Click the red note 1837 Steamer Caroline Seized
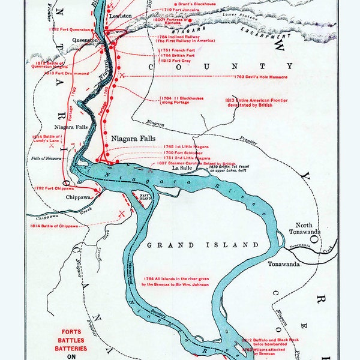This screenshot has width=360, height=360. pyautogui.click(x=197, y=163)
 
